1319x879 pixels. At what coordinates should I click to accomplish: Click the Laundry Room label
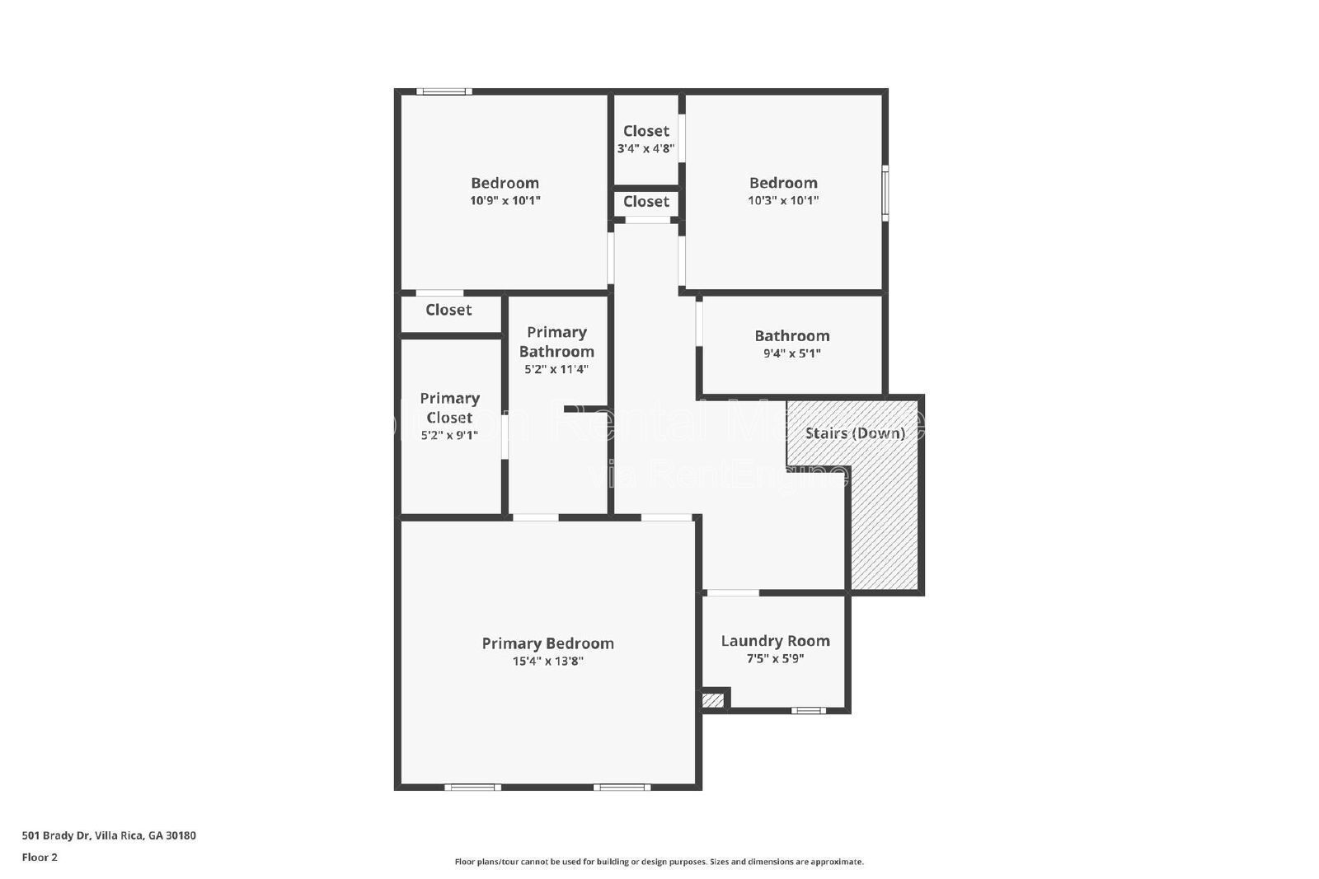pyautogui.click(x=775, y=641)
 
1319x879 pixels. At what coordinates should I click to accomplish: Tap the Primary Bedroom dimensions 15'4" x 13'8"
pyautogui.click(x=547, y=661)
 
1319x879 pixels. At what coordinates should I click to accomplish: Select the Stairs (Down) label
pyautogui.click(x=855, y=433)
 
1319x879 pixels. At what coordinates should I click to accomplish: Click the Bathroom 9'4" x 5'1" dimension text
pyautogui.click(x=791, y=353)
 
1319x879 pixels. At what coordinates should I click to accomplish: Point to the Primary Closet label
pyautogui.click(x=449, y=408)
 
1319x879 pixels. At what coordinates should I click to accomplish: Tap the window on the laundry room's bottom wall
pyautogui.click(x=808, y=710)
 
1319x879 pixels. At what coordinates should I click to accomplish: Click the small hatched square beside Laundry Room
pyautogui.click(x=712, y=701)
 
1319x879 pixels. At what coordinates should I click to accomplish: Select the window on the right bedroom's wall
pyautogui.click(x=885, y=194)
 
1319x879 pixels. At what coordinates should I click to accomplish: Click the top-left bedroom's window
pyautogui.click(x=444, y=91)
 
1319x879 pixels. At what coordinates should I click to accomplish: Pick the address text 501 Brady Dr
pyautogui.click(x=109, y=835)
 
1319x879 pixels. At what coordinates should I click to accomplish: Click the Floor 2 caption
pyautogui.click(x=40, y=857)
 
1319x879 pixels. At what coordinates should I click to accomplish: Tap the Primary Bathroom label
pyautogui.click(x=556, y=342)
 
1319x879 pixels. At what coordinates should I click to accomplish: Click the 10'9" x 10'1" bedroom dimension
pyautogui.click(x=505, y=200)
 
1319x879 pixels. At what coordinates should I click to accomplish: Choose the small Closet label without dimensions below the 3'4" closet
pyautogui.click(x=645, y=202)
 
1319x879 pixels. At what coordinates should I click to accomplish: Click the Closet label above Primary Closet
pyautogui.click(x=448, y=310)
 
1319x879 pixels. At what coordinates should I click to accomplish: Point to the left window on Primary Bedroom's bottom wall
pyautogui.click(x=472, y=788)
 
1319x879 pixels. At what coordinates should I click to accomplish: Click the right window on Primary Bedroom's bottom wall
pyautogui.click(x=622, y=788)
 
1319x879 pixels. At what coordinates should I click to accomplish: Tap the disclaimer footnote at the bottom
pyautogui.click(x=659, y=862)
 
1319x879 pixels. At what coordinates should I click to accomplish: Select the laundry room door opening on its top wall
pyautogui.click(x=733, y=593)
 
